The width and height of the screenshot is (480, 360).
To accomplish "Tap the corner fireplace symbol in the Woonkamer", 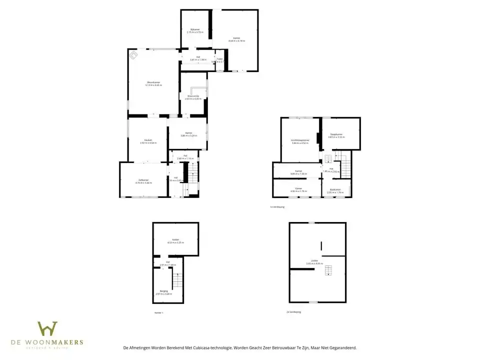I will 133,54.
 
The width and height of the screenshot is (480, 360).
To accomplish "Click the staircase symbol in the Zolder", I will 328,270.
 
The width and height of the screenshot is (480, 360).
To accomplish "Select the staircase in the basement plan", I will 177,280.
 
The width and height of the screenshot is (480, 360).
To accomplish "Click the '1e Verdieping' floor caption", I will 276,206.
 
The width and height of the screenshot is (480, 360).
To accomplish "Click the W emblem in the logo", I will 47,329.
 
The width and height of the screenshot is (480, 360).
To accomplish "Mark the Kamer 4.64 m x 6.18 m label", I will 236,39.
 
